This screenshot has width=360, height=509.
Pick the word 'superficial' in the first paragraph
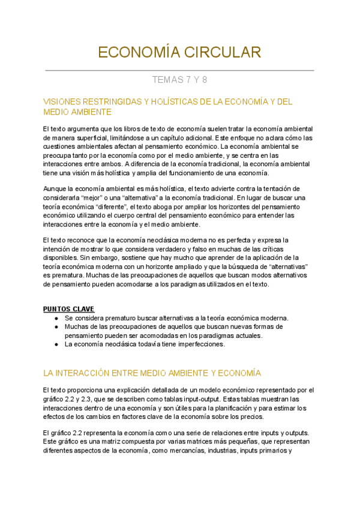[100, 137]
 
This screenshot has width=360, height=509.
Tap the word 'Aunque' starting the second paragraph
[55, 189]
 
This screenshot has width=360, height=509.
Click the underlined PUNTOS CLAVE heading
[68, 309]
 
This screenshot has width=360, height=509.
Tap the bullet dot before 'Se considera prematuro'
[56, 318]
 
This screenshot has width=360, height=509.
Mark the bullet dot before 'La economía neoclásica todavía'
[56, 345]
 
